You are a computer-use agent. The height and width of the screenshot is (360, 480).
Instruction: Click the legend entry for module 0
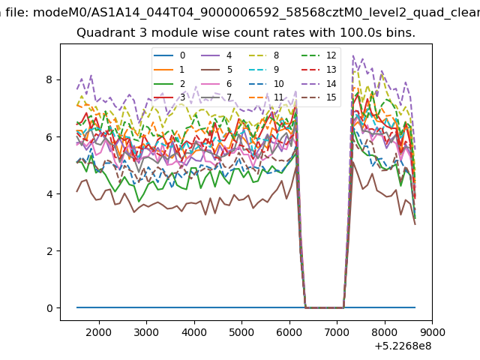coord(169,55)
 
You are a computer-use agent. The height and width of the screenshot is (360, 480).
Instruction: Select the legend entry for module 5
coord(217,70)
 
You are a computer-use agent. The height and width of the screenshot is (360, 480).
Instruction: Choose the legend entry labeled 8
coord(263,55)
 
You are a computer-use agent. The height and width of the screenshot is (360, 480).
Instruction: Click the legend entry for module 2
coord(169,83)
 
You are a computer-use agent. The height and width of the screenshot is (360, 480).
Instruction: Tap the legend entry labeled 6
coord(217,83)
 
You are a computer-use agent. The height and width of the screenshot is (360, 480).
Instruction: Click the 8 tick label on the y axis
coord(49,80)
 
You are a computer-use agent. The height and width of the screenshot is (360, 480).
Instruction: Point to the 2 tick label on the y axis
coord(49,251)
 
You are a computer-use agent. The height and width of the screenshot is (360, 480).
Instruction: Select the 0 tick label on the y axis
coord(49,308)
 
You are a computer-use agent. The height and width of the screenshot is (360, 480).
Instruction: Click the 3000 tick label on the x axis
coord(147,332)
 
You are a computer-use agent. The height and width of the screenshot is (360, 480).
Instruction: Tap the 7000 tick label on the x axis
coord(337,332)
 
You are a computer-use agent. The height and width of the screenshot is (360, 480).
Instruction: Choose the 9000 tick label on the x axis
coord(432,332)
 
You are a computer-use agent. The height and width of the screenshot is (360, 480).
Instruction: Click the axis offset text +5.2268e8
coord(403,346)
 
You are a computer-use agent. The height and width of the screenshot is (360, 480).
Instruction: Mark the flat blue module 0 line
coord(246,307)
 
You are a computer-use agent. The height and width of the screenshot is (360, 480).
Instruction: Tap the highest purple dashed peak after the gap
coord(353,55)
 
